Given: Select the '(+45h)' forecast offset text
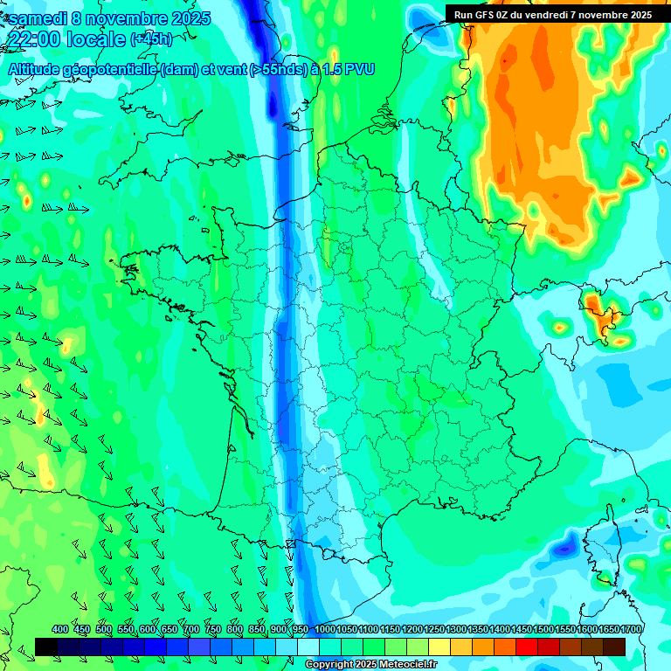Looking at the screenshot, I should pos(151,39).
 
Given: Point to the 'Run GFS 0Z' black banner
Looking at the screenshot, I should pos(552,14).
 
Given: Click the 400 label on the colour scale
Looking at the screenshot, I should pos(60,630).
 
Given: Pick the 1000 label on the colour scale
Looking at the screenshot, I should pos(325,630).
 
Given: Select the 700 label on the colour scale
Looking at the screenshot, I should pos(191,630).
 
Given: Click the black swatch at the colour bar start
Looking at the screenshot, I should pos(46,647).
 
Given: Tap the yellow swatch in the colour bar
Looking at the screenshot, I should pos(439,647).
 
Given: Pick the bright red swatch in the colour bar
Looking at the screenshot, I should pos(527,647).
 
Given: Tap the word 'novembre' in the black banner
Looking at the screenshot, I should pos(604,15).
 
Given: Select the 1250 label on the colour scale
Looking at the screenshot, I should pos(434,630).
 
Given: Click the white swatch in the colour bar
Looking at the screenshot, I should pos(308,647).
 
